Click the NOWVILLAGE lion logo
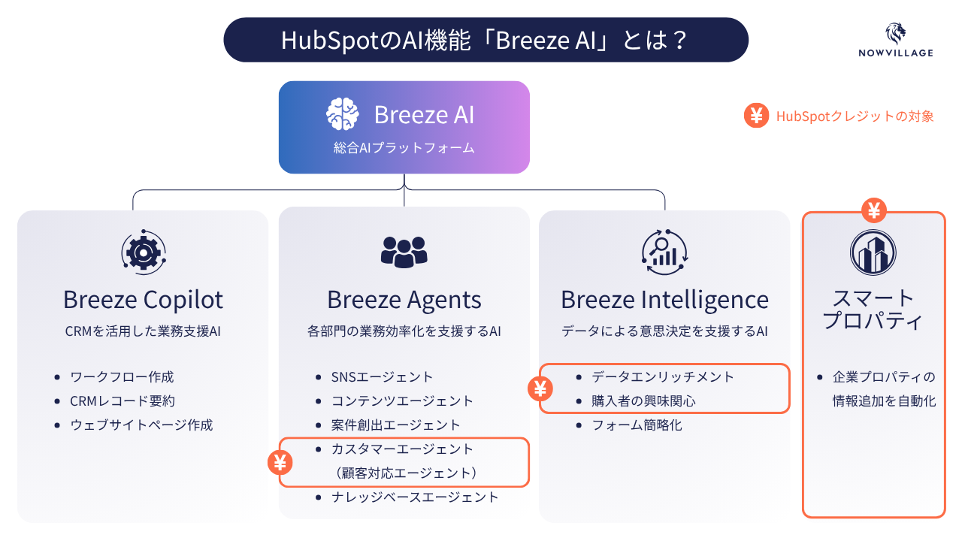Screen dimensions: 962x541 pos(895,34)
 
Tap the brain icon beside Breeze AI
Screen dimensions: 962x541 pos(342,113)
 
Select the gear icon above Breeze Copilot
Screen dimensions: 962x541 pos(144,252)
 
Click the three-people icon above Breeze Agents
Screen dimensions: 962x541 pos(404,252)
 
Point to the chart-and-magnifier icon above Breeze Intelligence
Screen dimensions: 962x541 pos(664,252)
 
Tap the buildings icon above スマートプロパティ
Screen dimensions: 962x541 pos(873,252)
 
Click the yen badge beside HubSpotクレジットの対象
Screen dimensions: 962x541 pos(756,116)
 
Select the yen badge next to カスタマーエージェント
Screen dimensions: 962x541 pos(280,463)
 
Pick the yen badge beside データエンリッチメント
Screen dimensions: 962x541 pos(540,388)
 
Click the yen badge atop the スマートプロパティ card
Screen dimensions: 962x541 pos(874,210)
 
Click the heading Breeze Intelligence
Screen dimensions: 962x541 pos(665,299)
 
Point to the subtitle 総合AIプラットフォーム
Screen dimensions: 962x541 pos(404,148)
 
